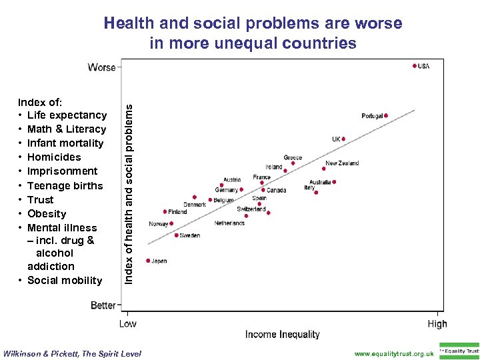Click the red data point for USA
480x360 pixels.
coord(415,66)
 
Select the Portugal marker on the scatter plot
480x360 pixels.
coord(386,115)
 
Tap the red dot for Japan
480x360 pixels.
coord(148,261)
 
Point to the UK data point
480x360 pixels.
coord(343,139)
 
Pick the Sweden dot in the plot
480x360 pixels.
coord(177,235)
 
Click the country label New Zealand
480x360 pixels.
coord(341,163)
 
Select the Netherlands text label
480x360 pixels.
coord(229,223)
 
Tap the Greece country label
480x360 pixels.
coord(293,158)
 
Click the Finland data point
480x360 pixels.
coord(165,211)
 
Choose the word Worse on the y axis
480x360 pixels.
coord(101,67)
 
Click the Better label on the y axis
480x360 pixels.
coord(103,305)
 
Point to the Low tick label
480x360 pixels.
coord(127,324)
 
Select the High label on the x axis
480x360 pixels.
coord(437,324)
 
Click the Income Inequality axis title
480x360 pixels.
coord(283,335)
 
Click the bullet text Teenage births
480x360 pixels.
coord(65,185)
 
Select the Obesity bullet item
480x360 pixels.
coord(47,213)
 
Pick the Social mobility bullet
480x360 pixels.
coord(65,280)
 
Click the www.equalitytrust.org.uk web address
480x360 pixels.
coord(394,353)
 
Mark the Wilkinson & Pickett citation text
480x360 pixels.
coord(73,353)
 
